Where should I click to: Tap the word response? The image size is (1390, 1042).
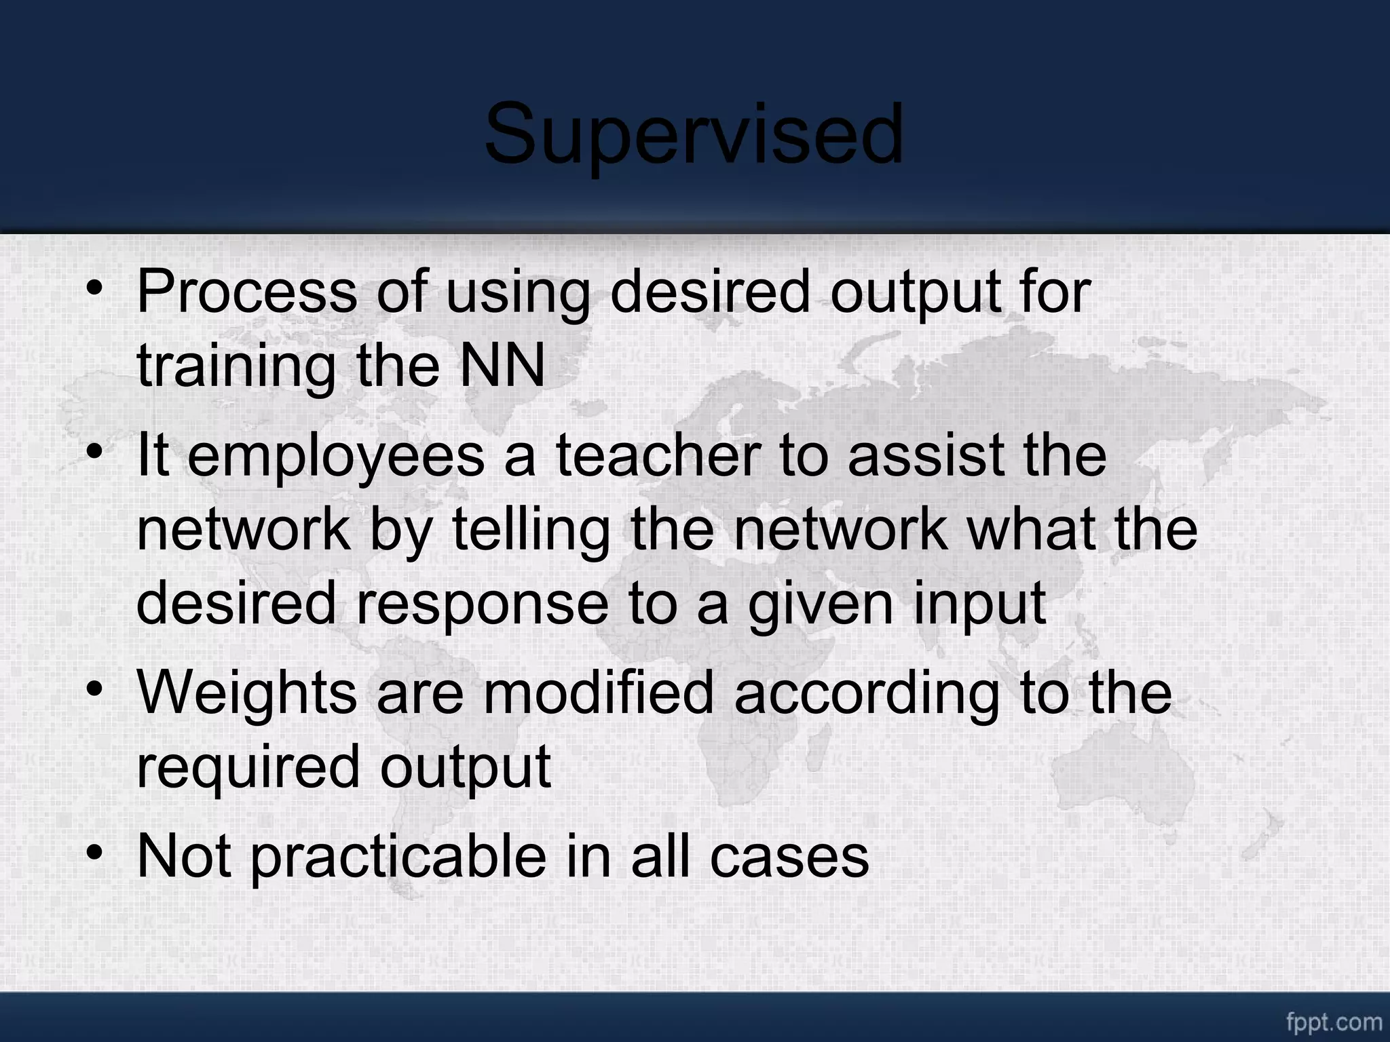483,605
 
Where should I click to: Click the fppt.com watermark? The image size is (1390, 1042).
1334,1022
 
